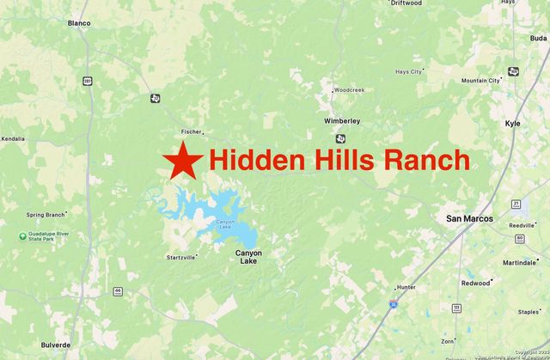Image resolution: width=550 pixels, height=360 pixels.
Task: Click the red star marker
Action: point(180,160)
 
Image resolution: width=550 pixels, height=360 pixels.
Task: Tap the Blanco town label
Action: point(79,23)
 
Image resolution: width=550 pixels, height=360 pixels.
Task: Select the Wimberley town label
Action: point(341,121)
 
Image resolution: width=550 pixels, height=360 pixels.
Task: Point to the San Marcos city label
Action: point(470,218)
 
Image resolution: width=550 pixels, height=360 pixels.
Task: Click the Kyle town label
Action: point(513,124)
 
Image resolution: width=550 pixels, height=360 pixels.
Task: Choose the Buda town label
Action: point(538,38)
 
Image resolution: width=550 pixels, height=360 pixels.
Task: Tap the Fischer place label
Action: point(191,131)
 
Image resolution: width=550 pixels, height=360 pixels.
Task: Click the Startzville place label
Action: point(181,256)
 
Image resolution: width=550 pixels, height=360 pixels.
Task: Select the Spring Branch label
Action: point(45,215)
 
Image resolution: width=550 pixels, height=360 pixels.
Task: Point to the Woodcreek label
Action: point(349,89)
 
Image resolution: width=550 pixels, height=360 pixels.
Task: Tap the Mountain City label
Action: point(480,81)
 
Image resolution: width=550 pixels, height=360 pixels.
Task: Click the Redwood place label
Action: point(475,282)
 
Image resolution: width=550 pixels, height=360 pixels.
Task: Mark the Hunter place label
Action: point(406,288)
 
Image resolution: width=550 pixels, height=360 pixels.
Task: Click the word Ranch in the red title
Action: point(426,160)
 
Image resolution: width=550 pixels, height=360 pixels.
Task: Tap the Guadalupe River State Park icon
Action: point(22,235)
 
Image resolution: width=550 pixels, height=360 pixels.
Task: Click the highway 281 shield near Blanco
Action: point(87,81)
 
